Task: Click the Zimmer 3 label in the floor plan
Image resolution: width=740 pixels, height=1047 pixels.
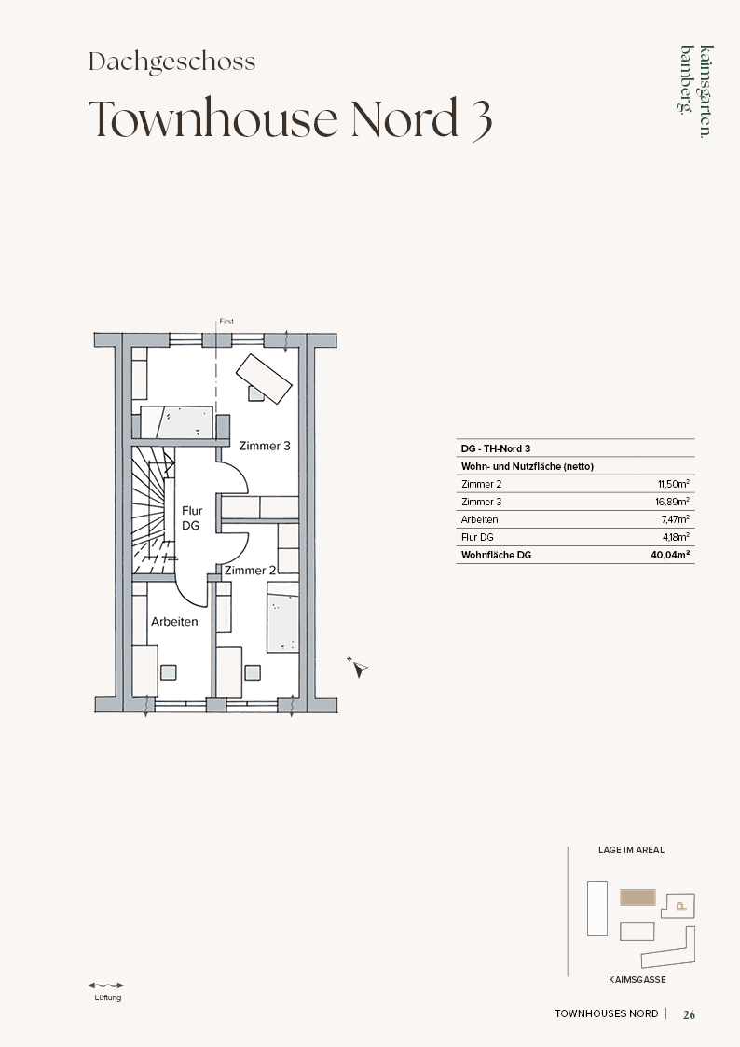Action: click(x=265, y=446)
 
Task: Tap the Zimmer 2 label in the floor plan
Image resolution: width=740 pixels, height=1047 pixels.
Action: click(x=250, y=571)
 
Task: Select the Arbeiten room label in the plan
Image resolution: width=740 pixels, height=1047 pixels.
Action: click(x=174, y=621)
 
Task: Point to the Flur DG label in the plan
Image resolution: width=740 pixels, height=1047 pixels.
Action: click(x=191, y=518)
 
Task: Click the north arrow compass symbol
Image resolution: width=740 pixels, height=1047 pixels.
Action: click(x=360, y=667)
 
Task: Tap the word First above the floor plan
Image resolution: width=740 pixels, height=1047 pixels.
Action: click(x=226, y=321)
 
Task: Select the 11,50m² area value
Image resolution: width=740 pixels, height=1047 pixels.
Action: click(x=673, y=484)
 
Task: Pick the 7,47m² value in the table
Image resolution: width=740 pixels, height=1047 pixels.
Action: click(x=675, y=518)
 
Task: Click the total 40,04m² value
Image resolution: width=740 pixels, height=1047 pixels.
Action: click(x=670, y=554)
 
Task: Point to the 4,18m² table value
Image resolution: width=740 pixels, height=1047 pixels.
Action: click(x=676, y=537)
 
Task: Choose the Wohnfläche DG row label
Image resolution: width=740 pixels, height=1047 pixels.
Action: click(x=496, y=555)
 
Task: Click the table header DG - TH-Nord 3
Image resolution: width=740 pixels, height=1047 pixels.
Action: click(x=495, y=448)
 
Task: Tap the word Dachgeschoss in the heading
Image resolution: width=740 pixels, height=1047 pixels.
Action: click(x=172, y=62)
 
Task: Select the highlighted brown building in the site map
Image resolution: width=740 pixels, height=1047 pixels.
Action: click(x=637, y=898)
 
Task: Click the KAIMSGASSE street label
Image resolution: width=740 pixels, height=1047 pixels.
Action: click(x=637, y=980)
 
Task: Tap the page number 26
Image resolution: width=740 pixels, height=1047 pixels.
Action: click(x=690, y=1014)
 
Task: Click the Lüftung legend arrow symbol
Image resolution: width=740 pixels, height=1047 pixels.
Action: click(x=106, y=985)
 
